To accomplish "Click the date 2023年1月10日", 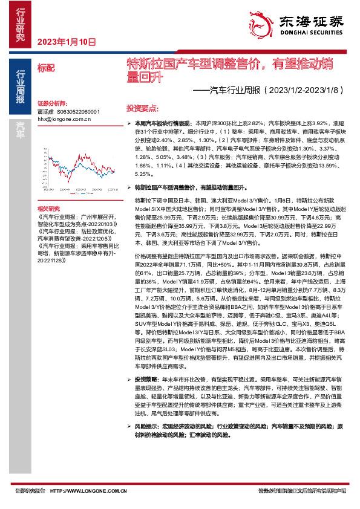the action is (66, 42).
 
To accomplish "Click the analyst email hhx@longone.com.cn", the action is (64, 119).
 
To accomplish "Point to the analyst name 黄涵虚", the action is (45, 112).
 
